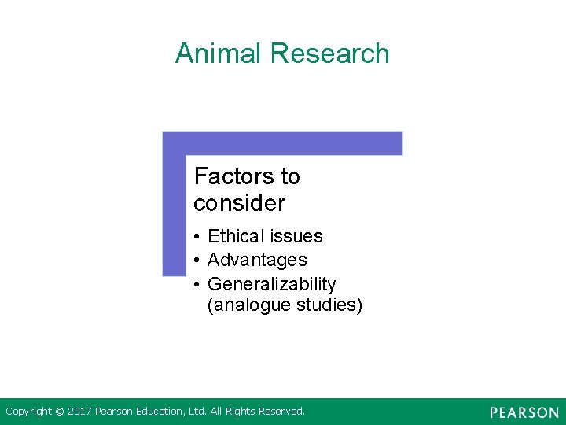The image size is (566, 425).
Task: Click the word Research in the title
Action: (x=329, y=54)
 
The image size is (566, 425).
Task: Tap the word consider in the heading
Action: (x=239, y=203)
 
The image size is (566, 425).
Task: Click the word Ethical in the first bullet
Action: (x=236, y=236)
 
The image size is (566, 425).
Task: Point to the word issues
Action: (x=296, y=236)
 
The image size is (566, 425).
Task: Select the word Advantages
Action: (x=257, y=260)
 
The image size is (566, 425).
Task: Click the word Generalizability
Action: (x=271, y=284)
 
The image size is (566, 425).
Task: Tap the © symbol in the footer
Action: (x=60, y=412)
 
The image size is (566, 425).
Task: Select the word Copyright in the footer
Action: (x=29, y=412)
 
